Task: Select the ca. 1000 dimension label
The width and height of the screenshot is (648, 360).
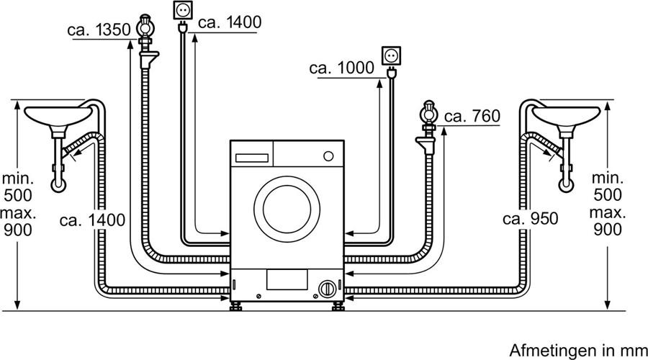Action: tap(341, 68)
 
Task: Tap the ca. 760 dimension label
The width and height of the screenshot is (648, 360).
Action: tap(472, 116)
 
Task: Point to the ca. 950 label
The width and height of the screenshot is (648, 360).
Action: tap(530, 219)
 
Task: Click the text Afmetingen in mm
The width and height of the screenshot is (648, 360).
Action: tap(574, 351)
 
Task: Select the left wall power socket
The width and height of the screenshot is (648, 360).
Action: tap(180, 12)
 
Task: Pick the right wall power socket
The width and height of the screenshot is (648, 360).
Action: tap(390, 55)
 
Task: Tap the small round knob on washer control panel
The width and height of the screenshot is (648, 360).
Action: tap(328, 156)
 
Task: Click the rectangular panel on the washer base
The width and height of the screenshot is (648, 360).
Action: tap(287, 279)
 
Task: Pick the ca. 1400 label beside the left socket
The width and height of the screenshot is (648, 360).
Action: tap(229, 22)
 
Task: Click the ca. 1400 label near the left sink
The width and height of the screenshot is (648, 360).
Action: tap(93, 220)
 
